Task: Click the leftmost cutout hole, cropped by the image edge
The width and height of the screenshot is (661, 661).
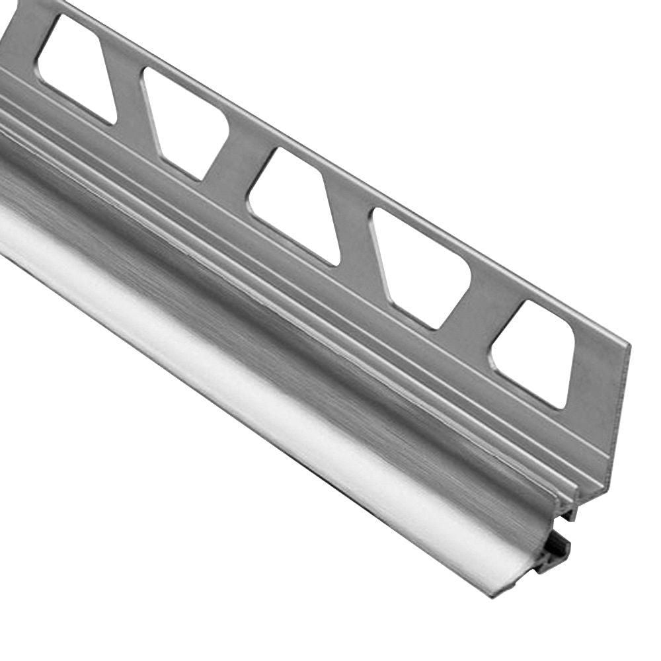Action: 73,66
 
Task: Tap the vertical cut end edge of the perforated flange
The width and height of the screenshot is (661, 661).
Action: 618,410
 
